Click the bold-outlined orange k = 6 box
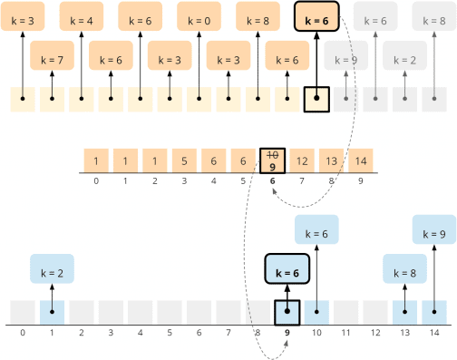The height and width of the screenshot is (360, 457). tap(316, 19)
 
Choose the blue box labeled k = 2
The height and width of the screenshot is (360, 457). tap(52, 270)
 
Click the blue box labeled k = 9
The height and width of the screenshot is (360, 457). tap(434, 232)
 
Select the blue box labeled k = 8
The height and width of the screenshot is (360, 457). tap(404, 270)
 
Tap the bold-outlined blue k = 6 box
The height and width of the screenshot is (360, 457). tap(287, 270)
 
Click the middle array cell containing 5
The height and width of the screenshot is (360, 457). tap(184, 161)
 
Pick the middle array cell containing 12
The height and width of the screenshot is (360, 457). tap(302, 161)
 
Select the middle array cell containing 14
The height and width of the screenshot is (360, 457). tap(361, 161)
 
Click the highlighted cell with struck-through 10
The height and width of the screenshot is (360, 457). tap(272, 161)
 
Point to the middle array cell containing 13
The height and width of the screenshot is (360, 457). tap(331, 161)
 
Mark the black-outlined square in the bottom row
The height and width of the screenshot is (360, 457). tap(287, 312)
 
